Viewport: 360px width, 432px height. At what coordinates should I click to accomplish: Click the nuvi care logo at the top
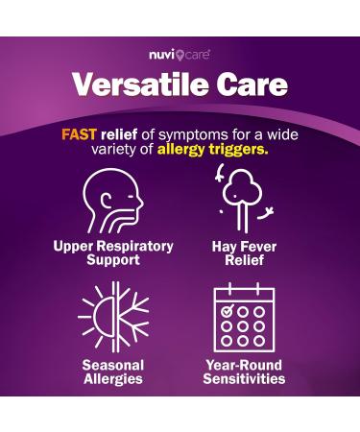click(x=180, y=55)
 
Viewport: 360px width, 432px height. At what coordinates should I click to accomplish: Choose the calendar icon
click(x=244, y=316)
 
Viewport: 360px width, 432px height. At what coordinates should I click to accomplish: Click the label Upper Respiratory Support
click(x=113, y=252)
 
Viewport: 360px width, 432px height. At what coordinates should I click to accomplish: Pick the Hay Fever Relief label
click(x=244, y=252)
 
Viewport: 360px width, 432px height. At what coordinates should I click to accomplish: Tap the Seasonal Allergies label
click(x=113, y=372)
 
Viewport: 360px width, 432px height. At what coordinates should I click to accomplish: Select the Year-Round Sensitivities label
click(x=244, y=372)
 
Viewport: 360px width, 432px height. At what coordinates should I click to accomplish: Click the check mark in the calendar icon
click(x=228, y=310)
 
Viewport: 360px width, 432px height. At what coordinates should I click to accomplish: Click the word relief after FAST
click(x=127, y=133)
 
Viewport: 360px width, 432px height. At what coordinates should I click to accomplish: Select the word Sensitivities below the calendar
click(x=244, y=379)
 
